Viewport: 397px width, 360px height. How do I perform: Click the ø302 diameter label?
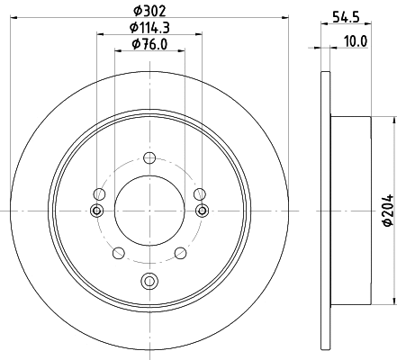[149, 11]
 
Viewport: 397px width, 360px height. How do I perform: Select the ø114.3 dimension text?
[149, 28]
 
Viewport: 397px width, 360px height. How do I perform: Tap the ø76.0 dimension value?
[149, 44]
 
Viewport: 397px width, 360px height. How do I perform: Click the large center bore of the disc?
[149, 210]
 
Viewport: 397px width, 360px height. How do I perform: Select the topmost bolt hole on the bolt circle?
[149, 157]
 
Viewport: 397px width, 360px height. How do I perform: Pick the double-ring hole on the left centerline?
[97, 211]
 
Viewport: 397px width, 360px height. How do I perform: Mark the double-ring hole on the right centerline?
[200, 211]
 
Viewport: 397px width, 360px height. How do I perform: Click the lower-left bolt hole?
[118, 252]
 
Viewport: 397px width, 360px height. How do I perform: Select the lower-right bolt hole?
[179, 252]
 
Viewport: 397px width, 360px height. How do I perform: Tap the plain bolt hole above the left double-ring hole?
[98, 192]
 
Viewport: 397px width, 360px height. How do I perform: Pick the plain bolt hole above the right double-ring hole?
[199, 192]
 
